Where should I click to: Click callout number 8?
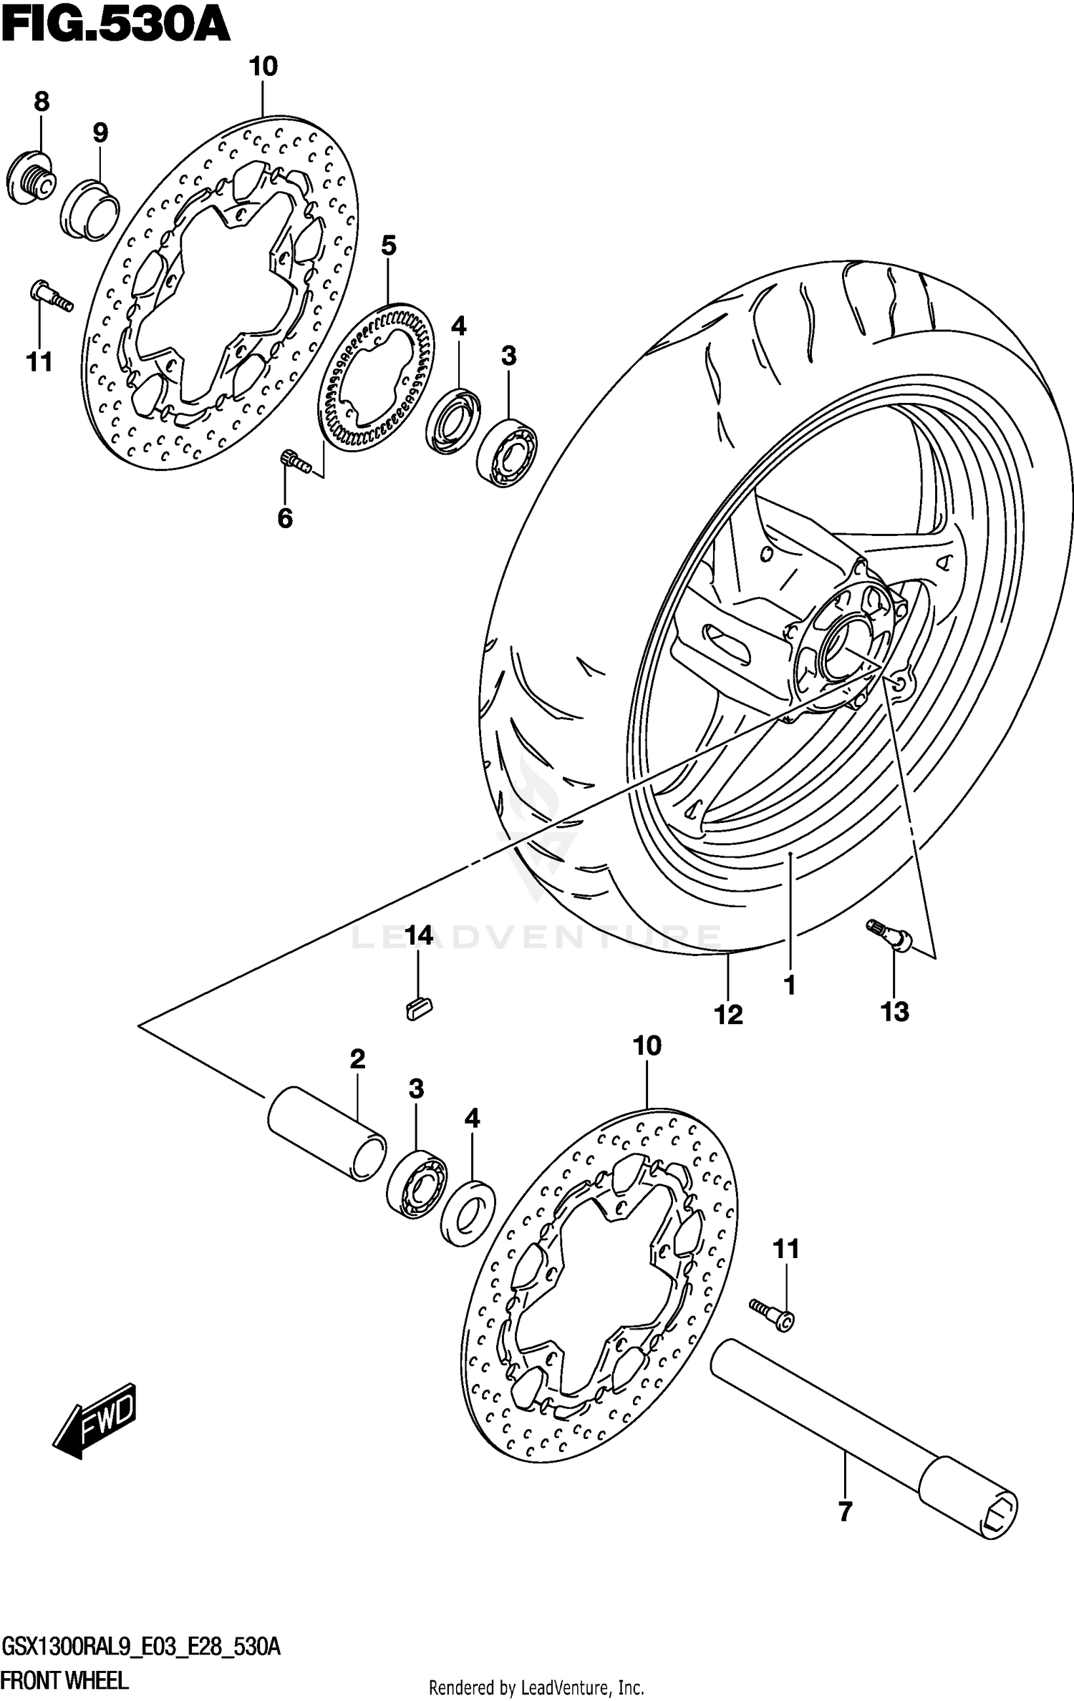point(42,102)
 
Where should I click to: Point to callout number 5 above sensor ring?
point(388,246)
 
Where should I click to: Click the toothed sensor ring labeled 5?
point(377,377)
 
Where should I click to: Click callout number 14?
point(419,935)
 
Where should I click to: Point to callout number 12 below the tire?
point(729,1014)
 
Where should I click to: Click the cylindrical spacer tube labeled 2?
point(326,1133)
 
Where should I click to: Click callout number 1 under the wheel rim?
point(790,985)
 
